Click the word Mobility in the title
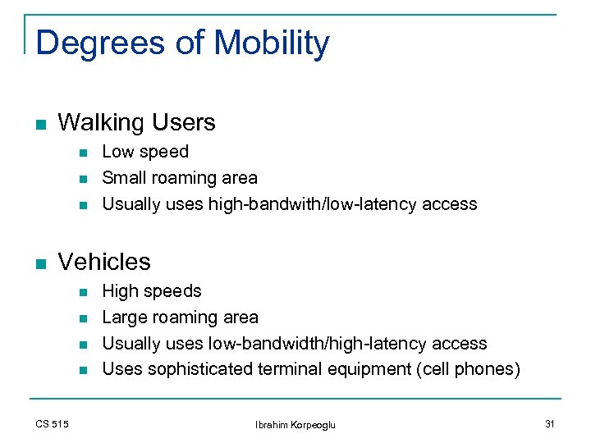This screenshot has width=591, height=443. [x=271, y=43]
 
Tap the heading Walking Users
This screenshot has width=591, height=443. [x=136, y=123]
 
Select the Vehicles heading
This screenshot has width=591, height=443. [x=104, y=262]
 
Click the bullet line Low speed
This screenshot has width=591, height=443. [x=144, y=152]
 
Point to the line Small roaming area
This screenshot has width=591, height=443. [x=179, y=178]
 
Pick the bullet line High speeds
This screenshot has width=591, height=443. [x=151, y=291]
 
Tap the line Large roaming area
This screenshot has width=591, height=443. [x=180, y=317]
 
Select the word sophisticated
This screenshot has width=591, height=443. [x=208, y=370]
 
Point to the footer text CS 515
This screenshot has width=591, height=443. [x=53, y=424]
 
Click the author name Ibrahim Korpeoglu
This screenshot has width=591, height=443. [x=295, y=424]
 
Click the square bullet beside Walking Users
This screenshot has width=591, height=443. [x=40, y=125]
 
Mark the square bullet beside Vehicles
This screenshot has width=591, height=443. [x=40, y=263]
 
